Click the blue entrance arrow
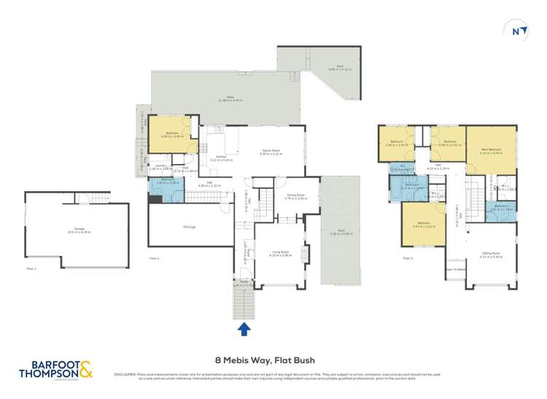pyautogui.click(x=244, y=330)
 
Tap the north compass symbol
pyautogui.click(x=516, y=31)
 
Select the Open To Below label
pyautogui.click(x=455, y=269)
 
